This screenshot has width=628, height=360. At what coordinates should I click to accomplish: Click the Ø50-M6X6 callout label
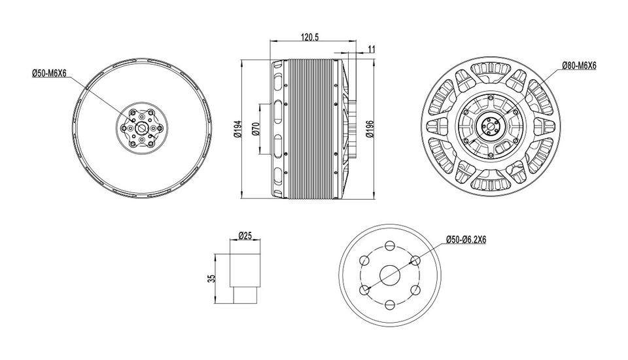coord(49,73)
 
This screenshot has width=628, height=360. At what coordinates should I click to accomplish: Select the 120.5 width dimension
coord(309,37)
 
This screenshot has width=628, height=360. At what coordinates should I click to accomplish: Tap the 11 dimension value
coord(372,49)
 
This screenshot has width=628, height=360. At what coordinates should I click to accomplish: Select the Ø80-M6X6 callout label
coord(579,65)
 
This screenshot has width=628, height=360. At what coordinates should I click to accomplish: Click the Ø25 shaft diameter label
coord(245,236)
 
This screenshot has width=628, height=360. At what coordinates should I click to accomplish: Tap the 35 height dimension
coord(212,278)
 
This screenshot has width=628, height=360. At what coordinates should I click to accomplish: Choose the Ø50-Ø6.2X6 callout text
coord(466,240)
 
